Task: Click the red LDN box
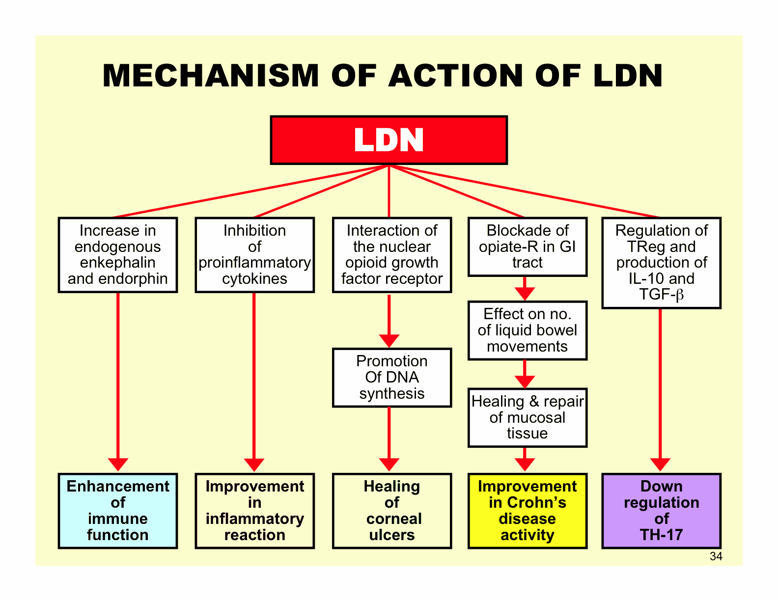[389, 140]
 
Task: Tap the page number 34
[716, 556]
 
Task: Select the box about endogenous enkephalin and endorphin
[118, 255]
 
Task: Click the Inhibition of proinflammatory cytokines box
[254, 255]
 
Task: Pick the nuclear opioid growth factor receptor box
[391, 255]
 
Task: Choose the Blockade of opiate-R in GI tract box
[527, 246]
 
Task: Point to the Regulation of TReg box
[661, 263]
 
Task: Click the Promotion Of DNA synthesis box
[391, 378]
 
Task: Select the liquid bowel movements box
[527, 330]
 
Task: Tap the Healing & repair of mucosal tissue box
[527, 417]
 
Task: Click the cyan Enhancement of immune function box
[118, 511]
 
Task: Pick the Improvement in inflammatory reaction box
[254, 511]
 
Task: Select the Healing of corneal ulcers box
[391, 511]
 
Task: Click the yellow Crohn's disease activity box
[527, 511]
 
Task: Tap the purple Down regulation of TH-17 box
[661, 511]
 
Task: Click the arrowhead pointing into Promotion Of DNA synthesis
[389, 341]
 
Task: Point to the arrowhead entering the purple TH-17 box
[660, 464]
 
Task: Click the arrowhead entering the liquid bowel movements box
[525, 294]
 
